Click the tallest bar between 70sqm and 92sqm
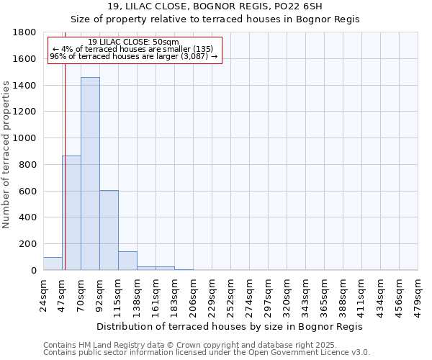pyautogui.click(x=90, y=174)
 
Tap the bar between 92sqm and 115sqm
pyautogui.click(x=109, y=230)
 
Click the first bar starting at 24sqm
pyautogui.click(x=53, y=264)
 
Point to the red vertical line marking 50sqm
pyautogui.click(x=65, y=180)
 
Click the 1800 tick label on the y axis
pyautogui.click(x=25, y=32)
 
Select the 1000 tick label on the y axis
pyautogui.click(x=25, y=138)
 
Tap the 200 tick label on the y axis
pyautogui.click(x=28, y=244)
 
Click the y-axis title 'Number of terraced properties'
pyautogui.click(x=6, y=154)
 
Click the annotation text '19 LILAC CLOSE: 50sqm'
pyautogui.click(x=134, y=42)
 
